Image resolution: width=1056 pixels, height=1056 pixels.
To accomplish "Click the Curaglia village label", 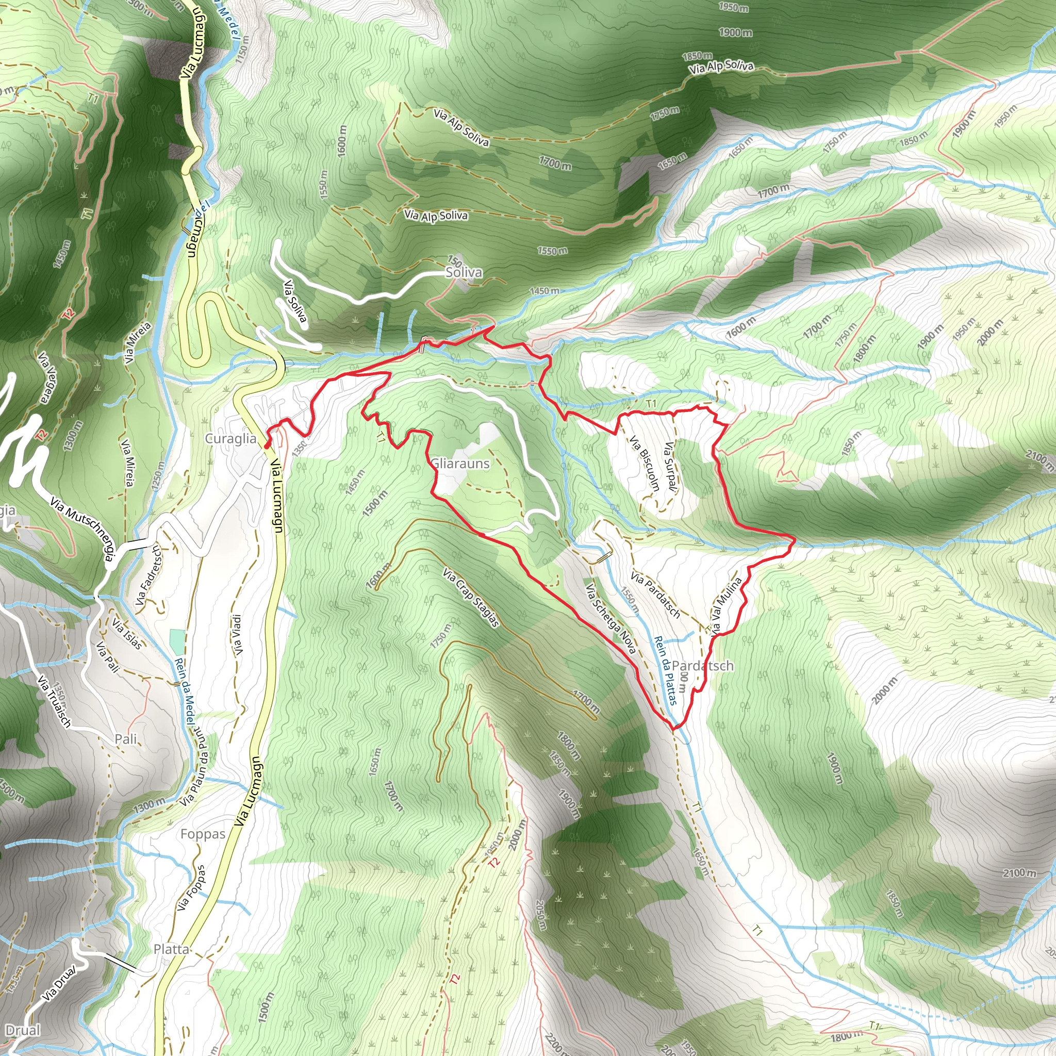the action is pos(230,438).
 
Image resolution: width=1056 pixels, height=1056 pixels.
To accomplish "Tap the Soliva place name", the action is pos(464,272).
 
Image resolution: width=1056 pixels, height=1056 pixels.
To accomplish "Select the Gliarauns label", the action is pos(460,464).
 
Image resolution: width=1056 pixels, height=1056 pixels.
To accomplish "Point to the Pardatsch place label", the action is pos(702,666).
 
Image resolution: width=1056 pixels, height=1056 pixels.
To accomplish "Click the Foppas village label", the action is pos(203,834).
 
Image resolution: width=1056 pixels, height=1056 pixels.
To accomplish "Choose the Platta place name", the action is pos(171,949).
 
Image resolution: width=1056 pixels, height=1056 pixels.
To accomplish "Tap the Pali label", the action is pos(126,739).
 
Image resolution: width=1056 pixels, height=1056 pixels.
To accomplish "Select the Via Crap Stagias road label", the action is pos(471,598).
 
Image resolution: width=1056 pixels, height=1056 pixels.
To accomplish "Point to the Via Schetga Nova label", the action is pos(610,619).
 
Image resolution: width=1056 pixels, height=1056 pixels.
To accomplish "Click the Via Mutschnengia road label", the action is pos(83,529).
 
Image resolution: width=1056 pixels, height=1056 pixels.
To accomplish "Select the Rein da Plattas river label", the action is pos(665,670).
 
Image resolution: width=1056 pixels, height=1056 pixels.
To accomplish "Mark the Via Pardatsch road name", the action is pos(655,595).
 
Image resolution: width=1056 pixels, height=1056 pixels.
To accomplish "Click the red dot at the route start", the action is pos(266,446).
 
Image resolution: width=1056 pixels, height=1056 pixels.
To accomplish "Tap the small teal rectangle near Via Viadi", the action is pos(177,640).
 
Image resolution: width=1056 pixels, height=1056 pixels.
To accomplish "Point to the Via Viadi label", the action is pos(237,635).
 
